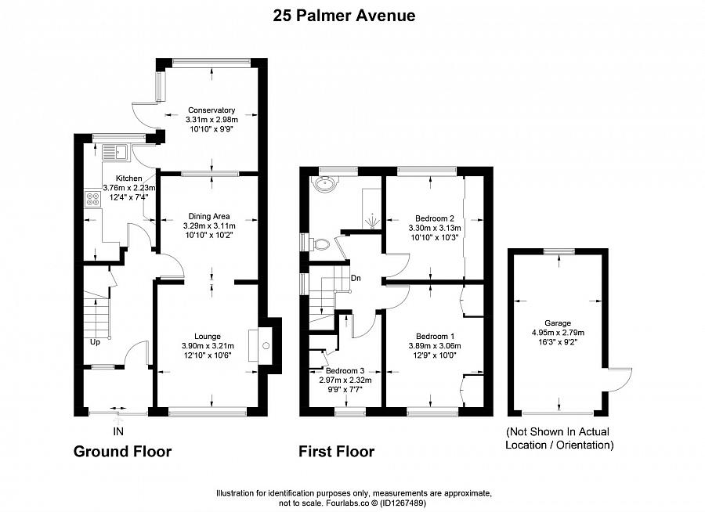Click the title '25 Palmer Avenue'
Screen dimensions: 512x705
[344, 15]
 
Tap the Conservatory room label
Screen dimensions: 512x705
[211, 110]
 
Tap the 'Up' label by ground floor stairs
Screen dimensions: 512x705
[94, 342]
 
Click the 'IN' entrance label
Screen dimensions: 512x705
[118, 431]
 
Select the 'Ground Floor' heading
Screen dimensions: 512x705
[122, 452]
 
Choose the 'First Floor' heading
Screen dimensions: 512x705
[336, 452]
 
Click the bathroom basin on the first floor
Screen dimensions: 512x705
[323, 185]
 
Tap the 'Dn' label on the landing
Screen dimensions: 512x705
[356, 278]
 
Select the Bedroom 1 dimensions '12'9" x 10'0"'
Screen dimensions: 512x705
[434, 355]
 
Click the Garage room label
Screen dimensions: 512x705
[558, 323]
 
